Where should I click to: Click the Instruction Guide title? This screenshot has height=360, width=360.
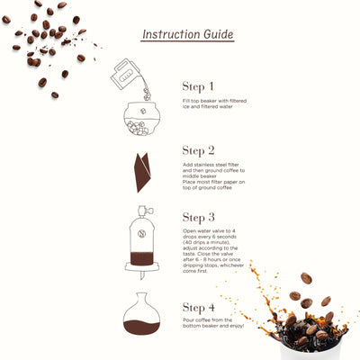[187, 34]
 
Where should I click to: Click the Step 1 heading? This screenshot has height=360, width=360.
[198, 86]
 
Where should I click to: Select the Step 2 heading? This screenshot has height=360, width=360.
[198, 150]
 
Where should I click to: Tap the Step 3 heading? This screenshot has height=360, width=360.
[198, 217]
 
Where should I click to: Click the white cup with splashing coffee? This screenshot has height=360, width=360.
[310, 337]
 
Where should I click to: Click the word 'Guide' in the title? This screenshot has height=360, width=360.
[217, 34]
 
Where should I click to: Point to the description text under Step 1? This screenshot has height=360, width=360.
[220, 106]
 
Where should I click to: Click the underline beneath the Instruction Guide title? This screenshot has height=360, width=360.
[187, 43]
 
